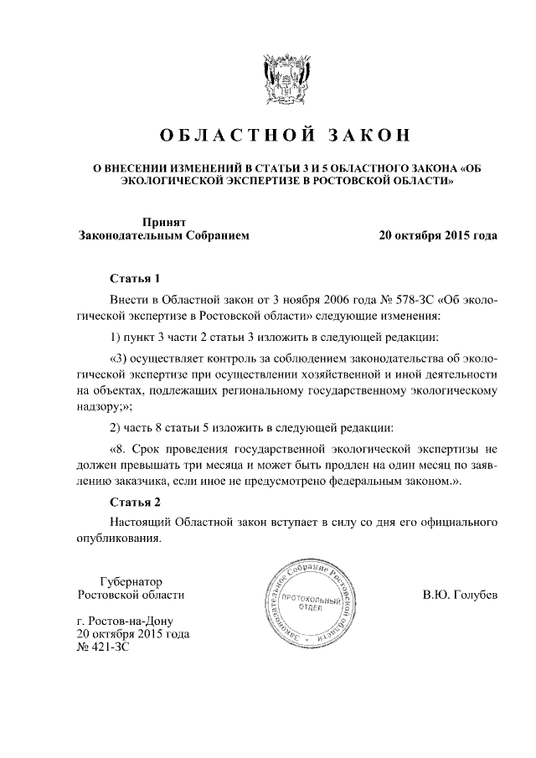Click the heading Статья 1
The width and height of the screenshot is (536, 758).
tap(135, 277)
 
